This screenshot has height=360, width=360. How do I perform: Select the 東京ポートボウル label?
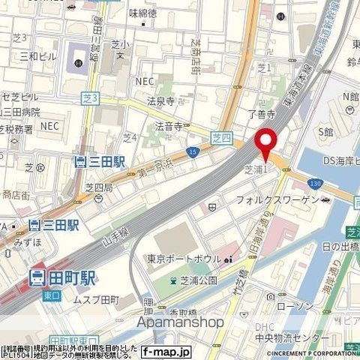pyautogui.click(x=183, y=259)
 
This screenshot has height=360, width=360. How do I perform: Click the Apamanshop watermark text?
pyautogui.click(x=180, y=322)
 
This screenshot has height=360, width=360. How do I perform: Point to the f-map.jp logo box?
pyautogui.click(x=166, y=351)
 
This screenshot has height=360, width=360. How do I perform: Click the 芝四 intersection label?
pyautogui.click(x=222, y=137)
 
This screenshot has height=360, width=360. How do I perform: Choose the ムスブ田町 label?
pyautogui.click(x=96, y=300)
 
